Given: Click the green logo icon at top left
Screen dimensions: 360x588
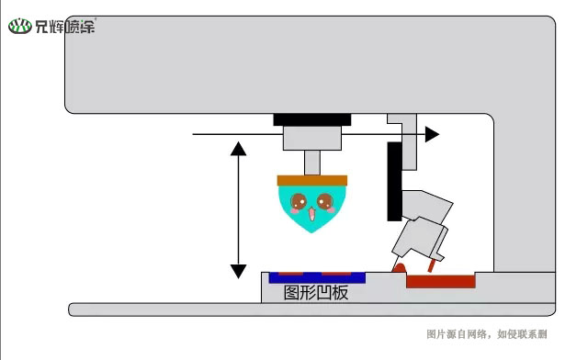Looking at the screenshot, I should tap(20, 27).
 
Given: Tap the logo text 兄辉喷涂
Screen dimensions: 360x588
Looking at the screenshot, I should tap(65, 27).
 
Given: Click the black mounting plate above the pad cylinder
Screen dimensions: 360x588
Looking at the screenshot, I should tap(312, 119).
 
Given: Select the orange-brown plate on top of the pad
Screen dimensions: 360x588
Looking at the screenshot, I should tap(312, 179).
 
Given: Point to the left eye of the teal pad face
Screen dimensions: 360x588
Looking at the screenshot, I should tap(299, 201).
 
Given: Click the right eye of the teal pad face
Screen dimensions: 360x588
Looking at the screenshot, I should tap(324, 201).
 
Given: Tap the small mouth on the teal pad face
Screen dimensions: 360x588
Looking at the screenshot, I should tap(311, 214).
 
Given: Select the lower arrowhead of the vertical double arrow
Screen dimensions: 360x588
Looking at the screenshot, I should tap(238, 271).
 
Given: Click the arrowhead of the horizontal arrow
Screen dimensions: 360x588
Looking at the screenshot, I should tap(433, 134).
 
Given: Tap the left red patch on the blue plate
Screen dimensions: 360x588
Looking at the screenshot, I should tap(290, 273).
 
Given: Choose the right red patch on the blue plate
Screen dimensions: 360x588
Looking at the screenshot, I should tap(335, 273).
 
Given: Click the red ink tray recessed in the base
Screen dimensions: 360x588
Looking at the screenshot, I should tap(441, 282).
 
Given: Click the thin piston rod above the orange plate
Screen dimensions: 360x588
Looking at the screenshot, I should tap(312, 163).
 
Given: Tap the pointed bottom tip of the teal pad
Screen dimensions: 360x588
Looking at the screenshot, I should tap(312, 231).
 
